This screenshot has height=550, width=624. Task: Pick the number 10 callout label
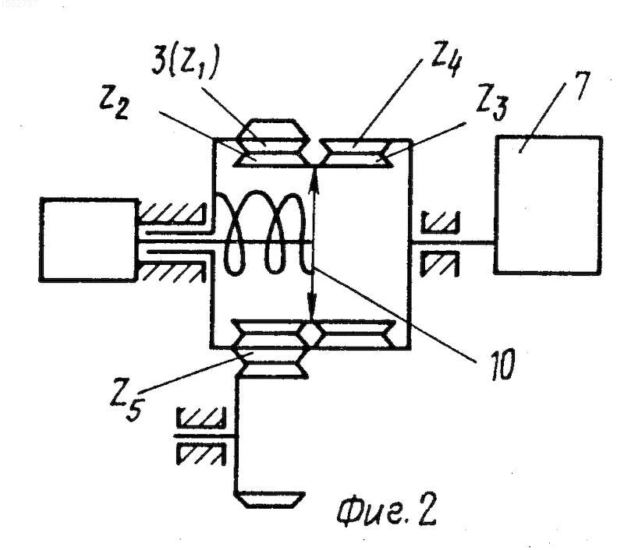pos(503,363)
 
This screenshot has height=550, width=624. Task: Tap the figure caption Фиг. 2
pos(386,509)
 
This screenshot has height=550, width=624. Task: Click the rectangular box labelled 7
pos(548,205)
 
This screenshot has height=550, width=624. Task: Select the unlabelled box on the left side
pos(88,240)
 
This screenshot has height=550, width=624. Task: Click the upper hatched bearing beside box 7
pos(440,224)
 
